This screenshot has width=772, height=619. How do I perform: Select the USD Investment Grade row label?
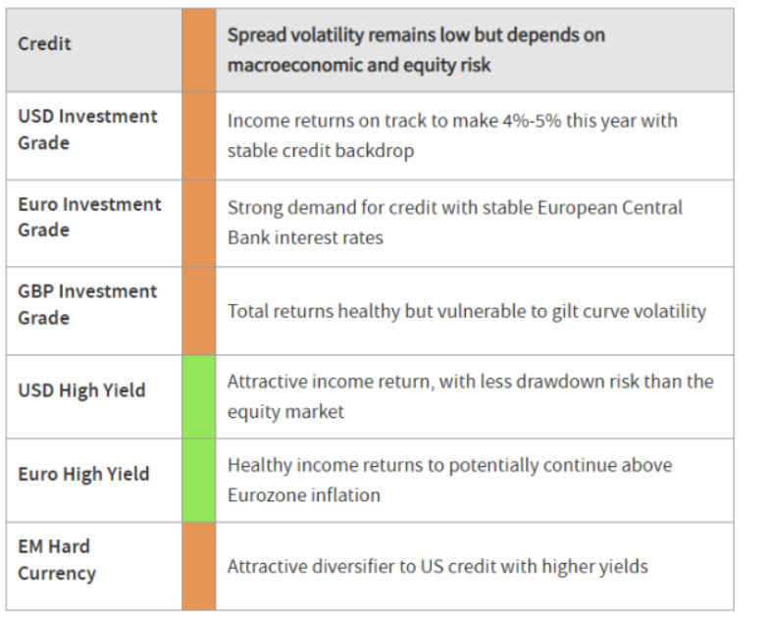coord(87,129)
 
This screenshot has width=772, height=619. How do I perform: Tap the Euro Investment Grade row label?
coord(89,217)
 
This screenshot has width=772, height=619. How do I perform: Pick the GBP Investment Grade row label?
coord(87,304)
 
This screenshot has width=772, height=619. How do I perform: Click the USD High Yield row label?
coord(81,390)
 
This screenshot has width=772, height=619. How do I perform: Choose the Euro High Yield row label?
coord(83,474)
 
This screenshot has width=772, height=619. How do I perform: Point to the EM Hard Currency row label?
coord(57,560)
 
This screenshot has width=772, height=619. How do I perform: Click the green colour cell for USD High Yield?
coord(199,396)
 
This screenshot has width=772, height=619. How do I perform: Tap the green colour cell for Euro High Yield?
coord(199,480)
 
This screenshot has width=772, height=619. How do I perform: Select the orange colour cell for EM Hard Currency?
coord(199,566)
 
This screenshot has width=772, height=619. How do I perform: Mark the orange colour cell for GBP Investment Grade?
coord(199,311)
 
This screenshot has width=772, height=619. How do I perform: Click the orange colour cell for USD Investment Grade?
coord(199,136)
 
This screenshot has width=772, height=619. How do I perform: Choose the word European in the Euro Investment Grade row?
coord(576,208)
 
